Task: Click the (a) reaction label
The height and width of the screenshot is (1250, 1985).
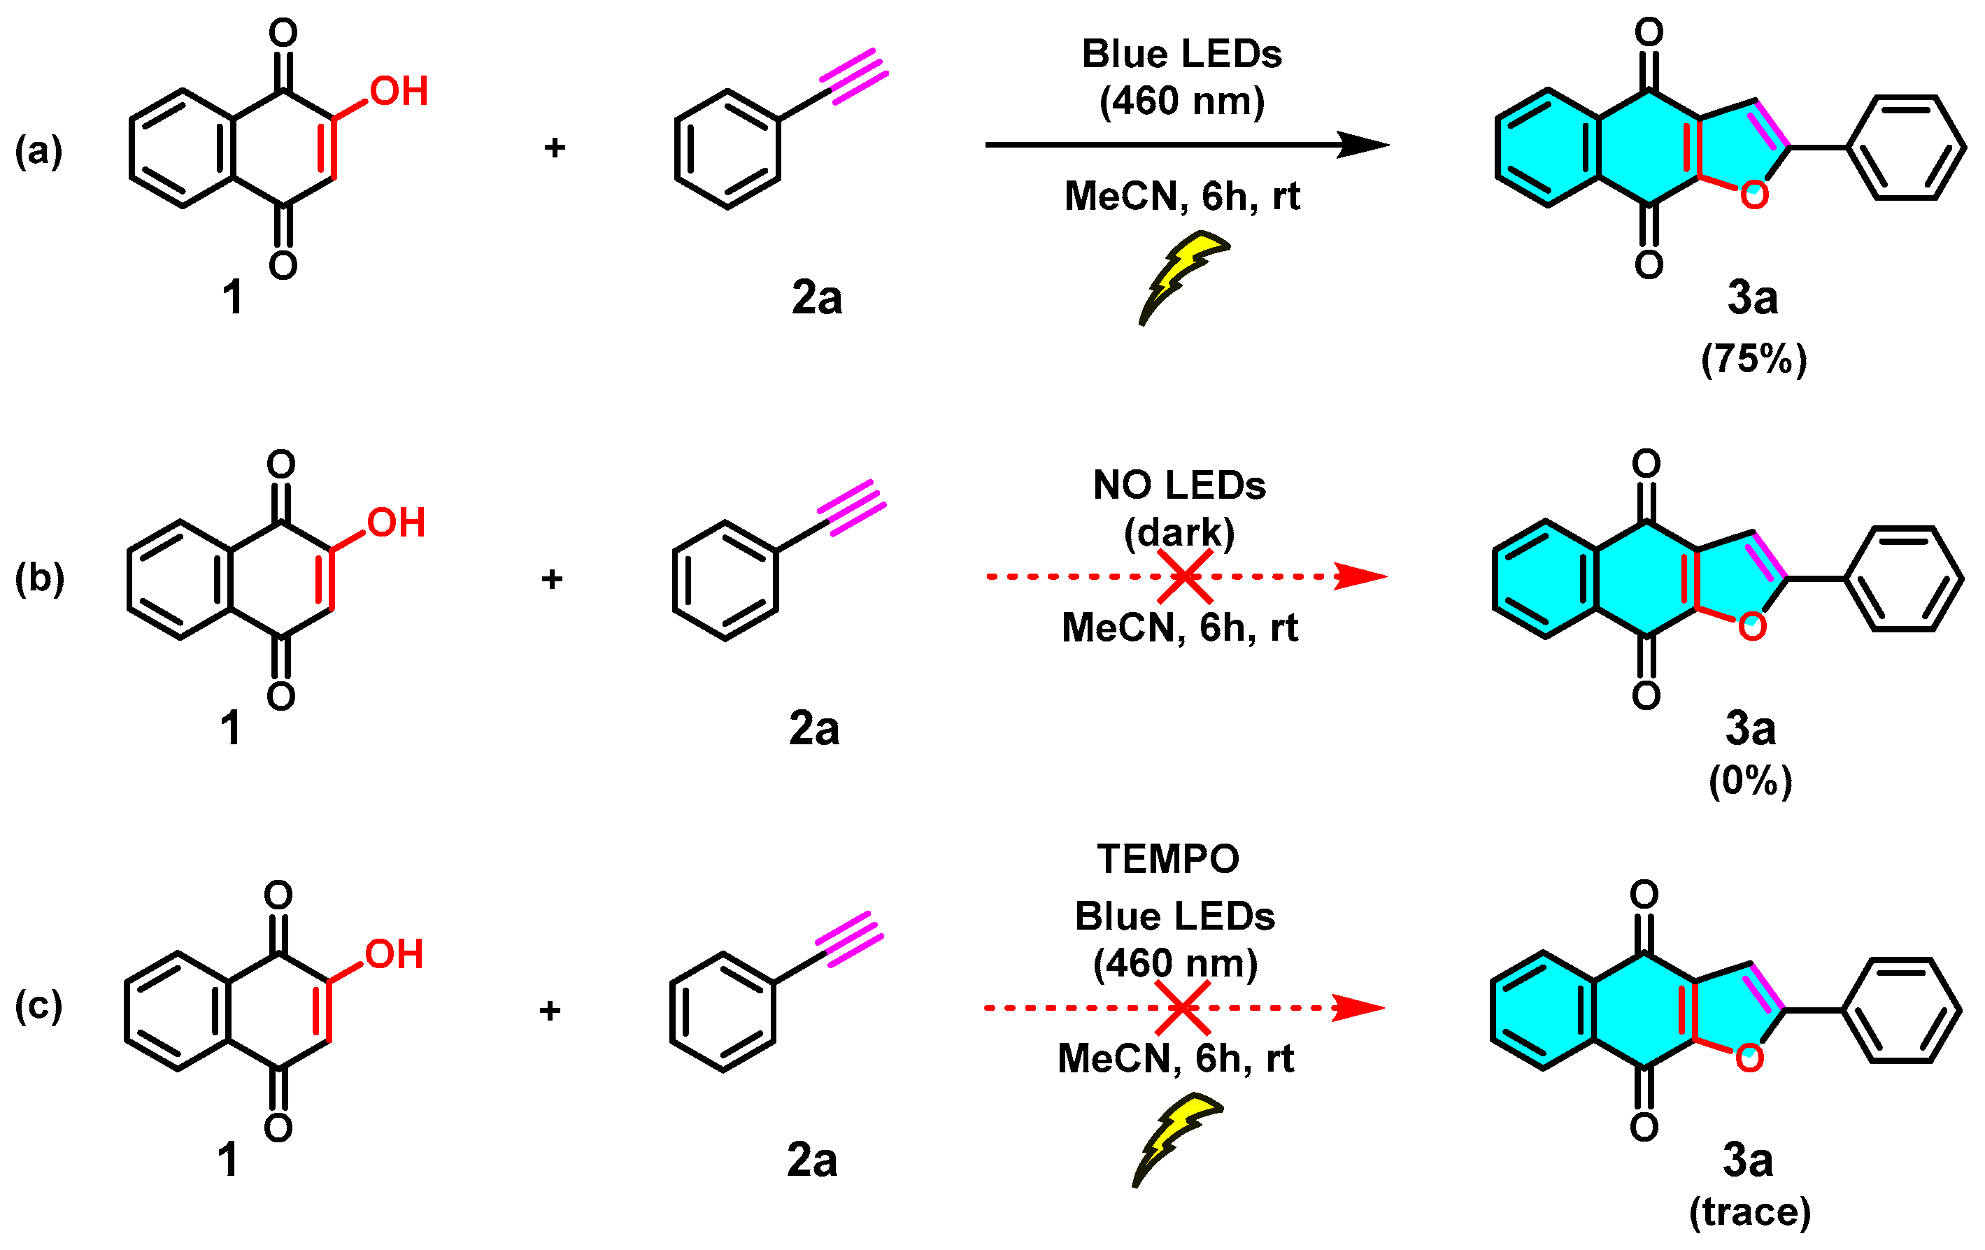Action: pos(38,151)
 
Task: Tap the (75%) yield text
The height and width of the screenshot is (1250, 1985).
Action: pos(1753,359)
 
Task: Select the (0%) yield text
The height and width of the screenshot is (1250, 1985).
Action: pos(1750,780)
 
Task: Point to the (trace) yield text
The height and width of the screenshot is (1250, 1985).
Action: pos(1749,1212)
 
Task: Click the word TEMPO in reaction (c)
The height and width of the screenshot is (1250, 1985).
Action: pos(1167,859)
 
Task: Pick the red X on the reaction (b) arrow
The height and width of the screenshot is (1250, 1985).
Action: pos(1185,576)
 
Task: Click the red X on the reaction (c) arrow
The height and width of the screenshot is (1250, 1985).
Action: pos(1182,1007)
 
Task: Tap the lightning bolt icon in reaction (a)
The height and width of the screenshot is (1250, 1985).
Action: pos(1182,276)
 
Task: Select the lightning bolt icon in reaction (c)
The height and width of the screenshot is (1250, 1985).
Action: pos(1176,1138)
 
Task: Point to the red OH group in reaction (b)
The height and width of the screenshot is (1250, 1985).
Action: pos(397,523)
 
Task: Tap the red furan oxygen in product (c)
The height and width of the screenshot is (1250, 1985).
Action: pos(1749,1058)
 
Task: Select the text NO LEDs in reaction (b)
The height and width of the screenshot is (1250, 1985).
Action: pos(1179,485)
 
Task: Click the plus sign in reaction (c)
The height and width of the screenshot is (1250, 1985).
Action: pos(550,1010)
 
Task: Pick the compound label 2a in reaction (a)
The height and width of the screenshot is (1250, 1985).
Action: pos(816,298)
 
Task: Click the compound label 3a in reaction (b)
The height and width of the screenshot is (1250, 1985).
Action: pos(1750,729)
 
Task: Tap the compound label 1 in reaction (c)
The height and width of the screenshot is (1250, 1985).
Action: pos(228,1160)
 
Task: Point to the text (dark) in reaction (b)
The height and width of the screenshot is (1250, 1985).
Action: pos(1179,532)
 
